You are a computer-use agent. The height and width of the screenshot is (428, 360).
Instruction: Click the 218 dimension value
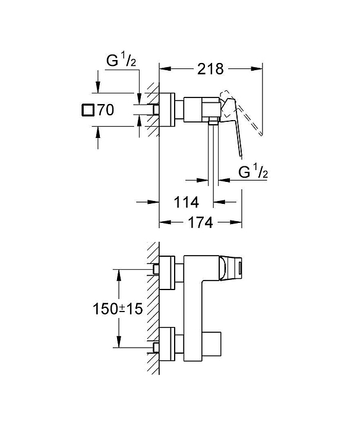[210, 69]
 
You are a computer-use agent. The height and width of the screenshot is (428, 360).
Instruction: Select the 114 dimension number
[187, 202]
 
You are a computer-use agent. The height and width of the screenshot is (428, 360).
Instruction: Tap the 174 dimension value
[200, 223]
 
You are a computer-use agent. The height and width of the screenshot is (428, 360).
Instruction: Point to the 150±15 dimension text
[118, 309]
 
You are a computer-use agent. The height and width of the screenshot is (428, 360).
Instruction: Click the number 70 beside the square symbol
[106, 110]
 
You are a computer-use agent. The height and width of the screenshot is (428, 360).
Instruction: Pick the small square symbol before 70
[88, 111]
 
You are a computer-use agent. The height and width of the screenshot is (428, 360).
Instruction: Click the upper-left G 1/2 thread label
[121, 60]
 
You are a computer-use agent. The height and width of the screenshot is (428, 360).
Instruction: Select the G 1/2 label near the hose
[253, 172]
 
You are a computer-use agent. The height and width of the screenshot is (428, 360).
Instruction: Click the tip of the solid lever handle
[241, 156]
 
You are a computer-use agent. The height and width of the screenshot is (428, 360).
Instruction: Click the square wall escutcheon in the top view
[167, 110]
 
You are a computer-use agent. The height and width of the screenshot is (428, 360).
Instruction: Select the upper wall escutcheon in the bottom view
[167, 272]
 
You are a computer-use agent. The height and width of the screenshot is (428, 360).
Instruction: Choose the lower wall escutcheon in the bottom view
[167, 344]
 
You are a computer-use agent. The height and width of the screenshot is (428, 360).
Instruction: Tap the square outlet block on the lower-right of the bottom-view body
[211, 344]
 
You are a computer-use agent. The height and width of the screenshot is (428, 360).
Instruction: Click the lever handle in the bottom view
[230, 267]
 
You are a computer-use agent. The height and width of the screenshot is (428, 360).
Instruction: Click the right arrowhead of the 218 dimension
[257, 69]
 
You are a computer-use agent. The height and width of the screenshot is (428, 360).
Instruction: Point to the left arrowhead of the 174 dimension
[165, 223]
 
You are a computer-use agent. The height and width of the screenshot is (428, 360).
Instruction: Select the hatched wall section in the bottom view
[153, 309]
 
